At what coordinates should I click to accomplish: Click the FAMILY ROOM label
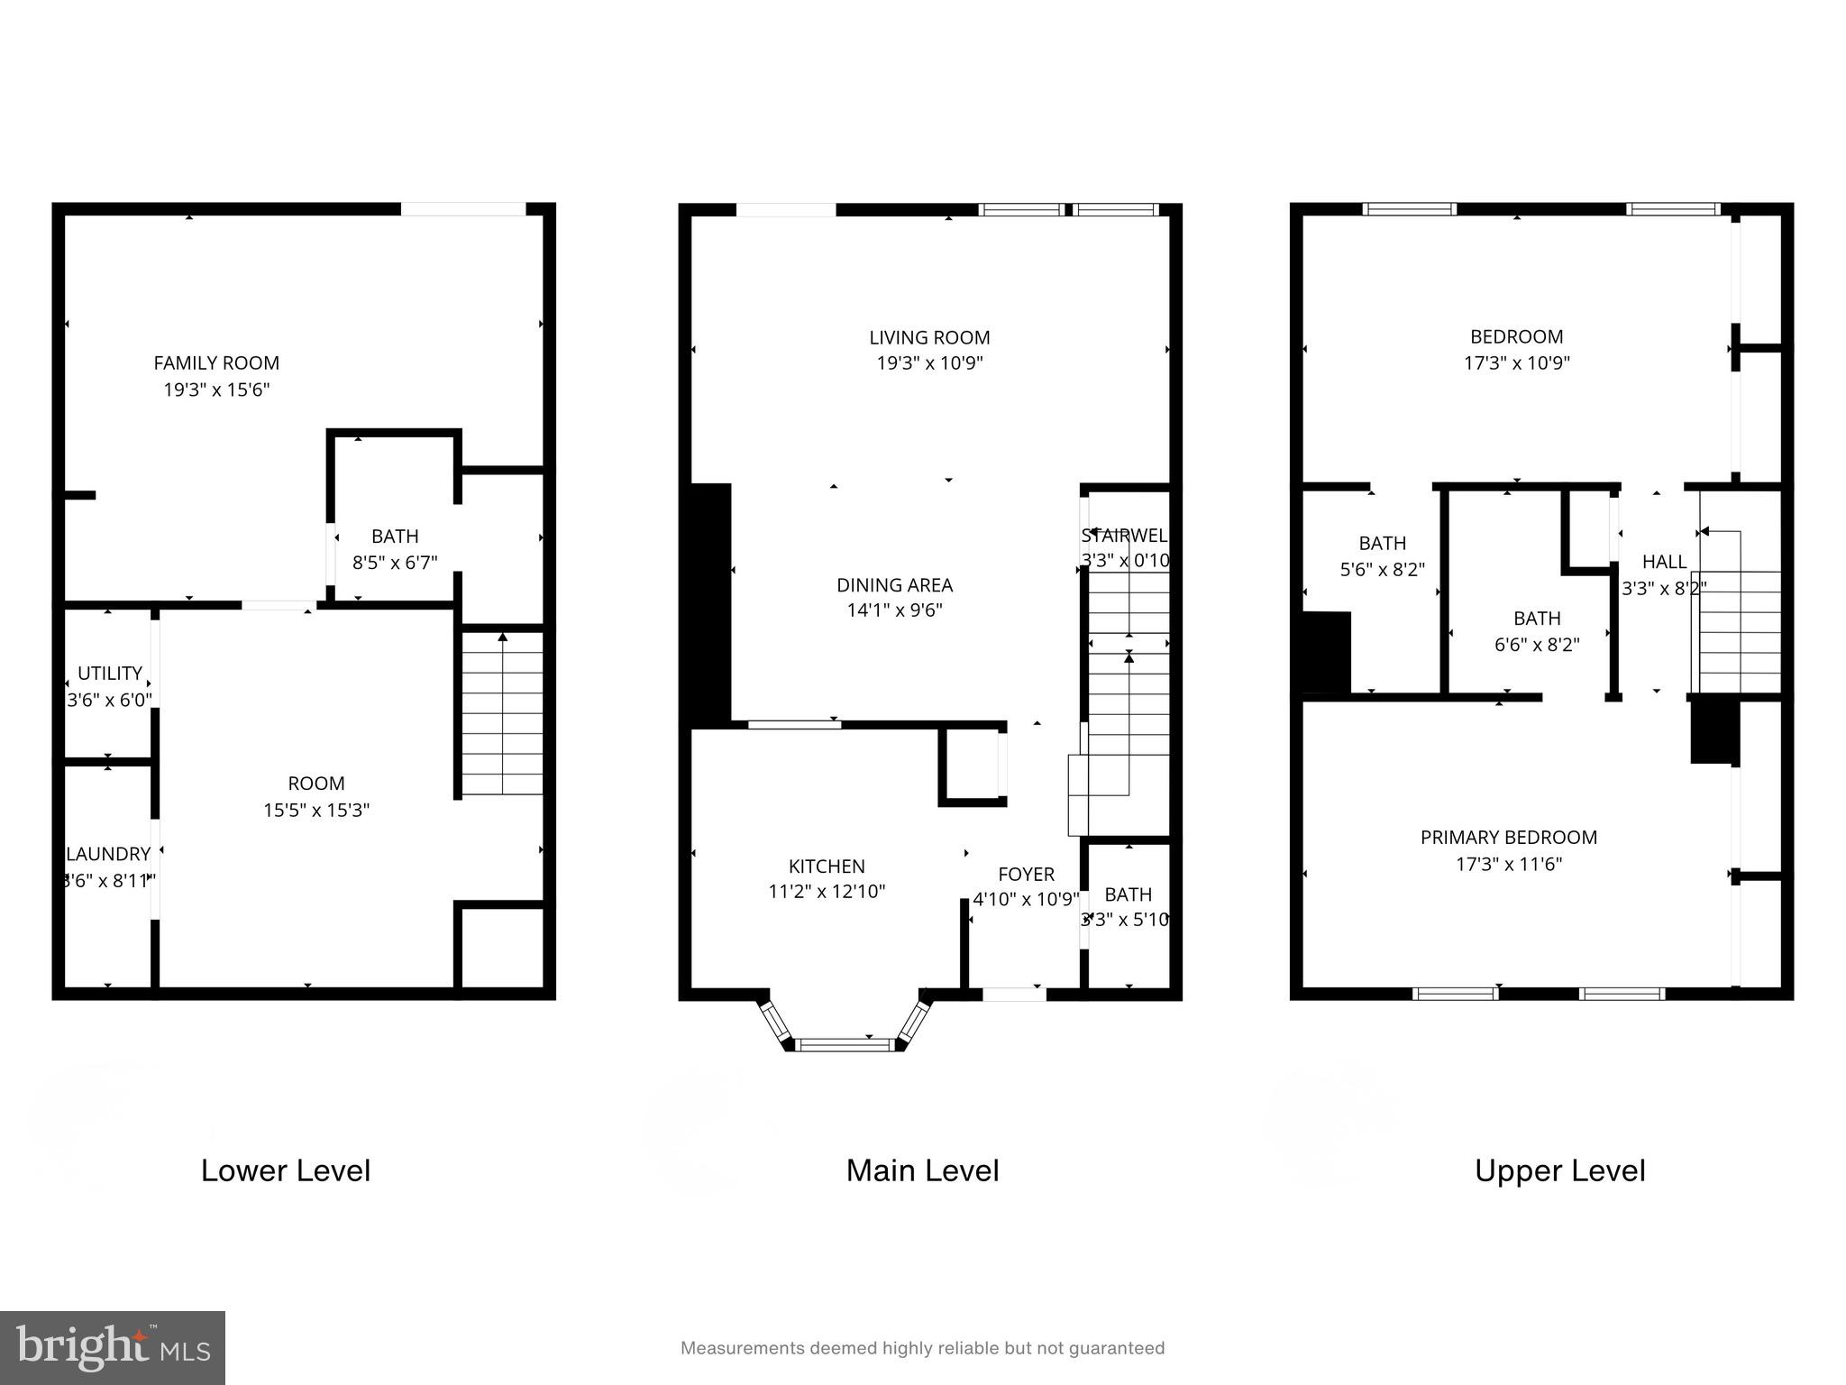[x=216, y=363]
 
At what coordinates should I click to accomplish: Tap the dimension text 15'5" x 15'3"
[x=316, y=810]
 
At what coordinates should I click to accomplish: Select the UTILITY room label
[x=110, y=674]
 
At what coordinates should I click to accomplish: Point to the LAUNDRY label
[x=108, y=854]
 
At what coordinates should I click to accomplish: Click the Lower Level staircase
[x=502, y=712]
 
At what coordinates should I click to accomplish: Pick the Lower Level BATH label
[x=395, y=537]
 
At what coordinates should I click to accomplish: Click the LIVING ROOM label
[x=929, y=338]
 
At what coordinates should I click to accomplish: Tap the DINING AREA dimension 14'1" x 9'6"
[x=894, y=610]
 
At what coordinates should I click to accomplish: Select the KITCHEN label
[x=827, y=867]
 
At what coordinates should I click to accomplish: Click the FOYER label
[x=1026, y=875]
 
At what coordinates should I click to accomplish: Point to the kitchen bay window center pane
[x=845, y=1045]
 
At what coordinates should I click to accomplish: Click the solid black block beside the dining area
[x=710, y=604]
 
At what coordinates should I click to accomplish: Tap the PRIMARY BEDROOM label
[x=1509, y=838]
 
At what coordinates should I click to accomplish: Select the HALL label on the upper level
[x=1664, y=562]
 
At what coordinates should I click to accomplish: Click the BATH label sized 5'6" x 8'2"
[x=1382, y=544]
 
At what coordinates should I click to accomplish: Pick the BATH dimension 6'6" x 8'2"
[x=1537, y=645]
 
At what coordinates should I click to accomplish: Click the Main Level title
[x=922, y=1170]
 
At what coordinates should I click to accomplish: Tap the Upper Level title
[x=1559, y=1170]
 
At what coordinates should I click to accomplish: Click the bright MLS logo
[x=113, y=1347]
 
